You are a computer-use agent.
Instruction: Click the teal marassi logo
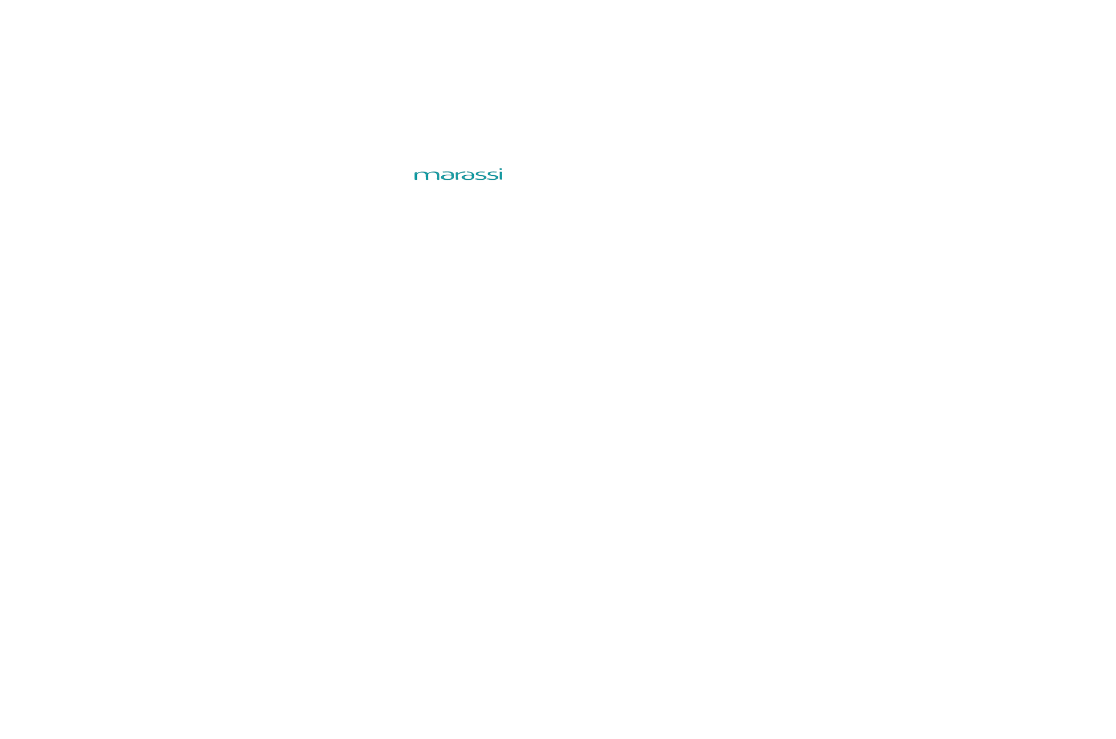[458, 175]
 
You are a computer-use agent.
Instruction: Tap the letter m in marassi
[427, 175]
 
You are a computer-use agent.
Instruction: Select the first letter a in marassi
[448, 175]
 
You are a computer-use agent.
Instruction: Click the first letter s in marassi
[480, 175]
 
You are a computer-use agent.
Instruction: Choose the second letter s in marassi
[493, 175]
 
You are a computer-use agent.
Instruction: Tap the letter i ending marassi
[501, 174]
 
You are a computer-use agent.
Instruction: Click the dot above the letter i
[501, 169]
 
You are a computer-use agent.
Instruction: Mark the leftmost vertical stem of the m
[416, 176]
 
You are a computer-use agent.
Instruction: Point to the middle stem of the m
[427, 176]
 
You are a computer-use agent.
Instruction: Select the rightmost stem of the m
[438, 176]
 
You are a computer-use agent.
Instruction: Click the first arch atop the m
[422, 172]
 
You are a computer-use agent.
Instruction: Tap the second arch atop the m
[434, 172]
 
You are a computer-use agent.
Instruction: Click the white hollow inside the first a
[448, 177]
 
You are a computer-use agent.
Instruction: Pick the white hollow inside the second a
[468, 177]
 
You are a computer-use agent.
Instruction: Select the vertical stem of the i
[501, 176]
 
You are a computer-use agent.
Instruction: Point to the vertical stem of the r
[457, 176]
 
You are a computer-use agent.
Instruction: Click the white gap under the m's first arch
[421, 177]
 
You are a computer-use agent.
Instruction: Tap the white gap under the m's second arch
[432, 177]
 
